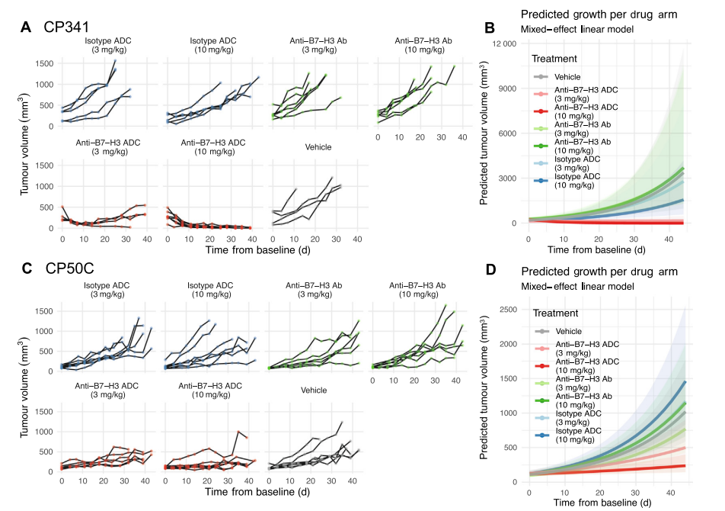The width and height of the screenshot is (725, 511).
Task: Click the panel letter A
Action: [26, 27]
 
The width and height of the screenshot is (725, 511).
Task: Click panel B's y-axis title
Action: [484, 133]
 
